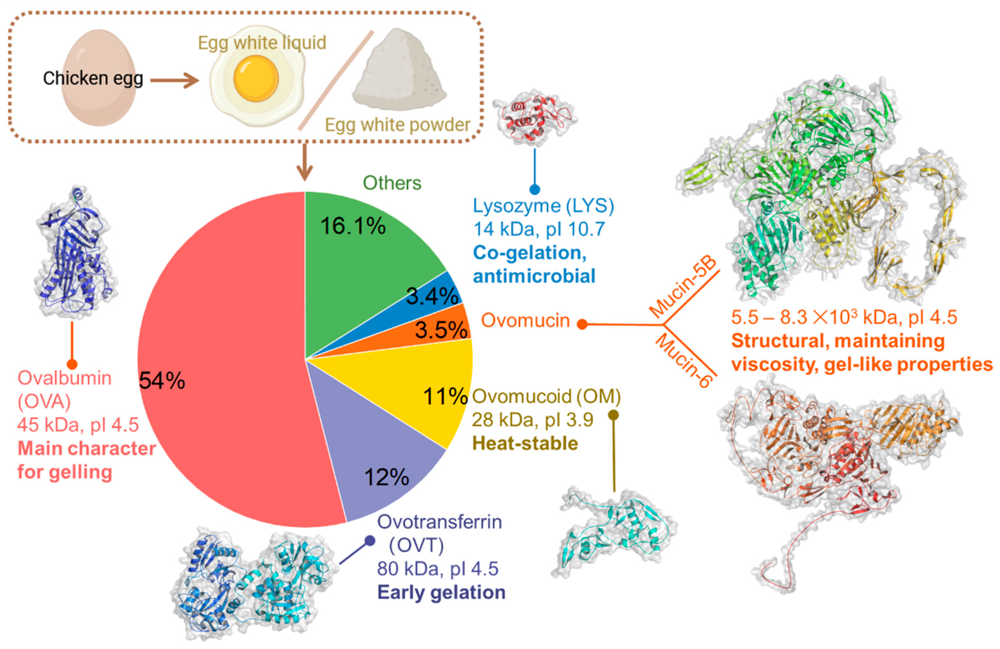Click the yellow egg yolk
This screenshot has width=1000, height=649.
tap(256, 79)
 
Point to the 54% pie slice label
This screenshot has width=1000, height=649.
tap(162, 381)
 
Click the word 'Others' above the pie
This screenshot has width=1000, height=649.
tap(392, 183)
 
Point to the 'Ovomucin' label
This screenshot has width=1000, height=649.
tap(525, 321)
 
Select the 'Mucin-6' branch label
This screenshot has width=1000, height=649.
tap(684, 359)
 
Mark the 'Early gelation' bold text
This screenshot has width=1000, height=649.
tap(441, 592)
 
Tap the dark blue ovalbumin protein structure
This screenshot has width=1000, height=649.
tap(75, 252)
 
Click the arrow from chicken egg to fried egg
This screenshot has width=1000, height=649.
tap(174, 80)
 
